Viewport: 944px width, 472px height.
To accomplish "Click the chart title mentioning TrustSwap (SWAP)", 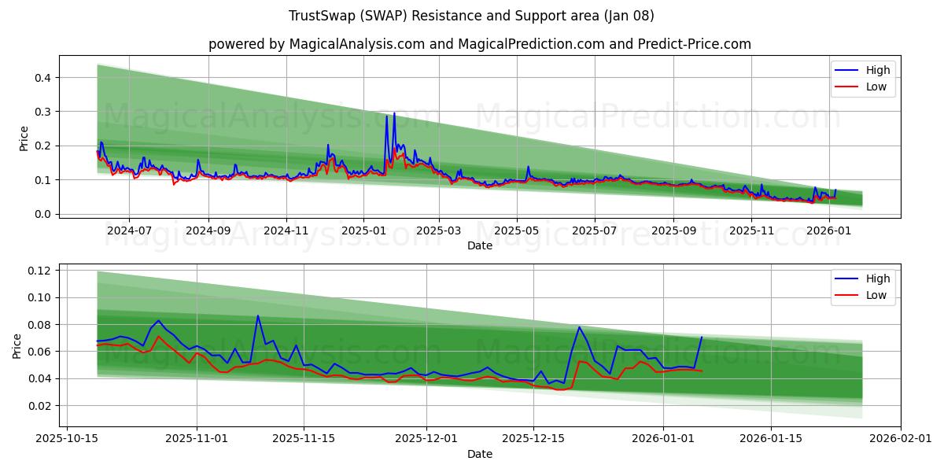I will [x=471, y=16].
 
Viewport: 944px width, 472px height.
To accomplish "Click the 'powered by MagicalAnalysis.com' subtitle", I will [x=479, y=44].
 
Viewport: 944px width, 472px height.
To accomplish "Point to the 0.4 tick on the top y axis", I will [x=42, y=77].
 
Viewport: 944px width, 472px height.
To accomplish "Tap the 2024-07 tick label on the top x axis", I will [x=129, y=231].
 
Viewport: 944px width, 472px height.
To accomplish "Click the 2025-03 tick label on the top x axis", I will [x=439, y=231].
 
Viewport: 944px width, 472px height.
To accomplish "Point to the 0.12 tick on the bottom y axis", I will [x=39, y=271].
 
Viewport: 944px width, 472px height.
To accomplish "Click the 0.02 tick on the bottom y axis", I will [x=39, y=406].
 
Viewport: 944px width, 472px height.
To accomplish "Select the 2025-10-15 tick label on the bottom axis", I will [x=66, y=440].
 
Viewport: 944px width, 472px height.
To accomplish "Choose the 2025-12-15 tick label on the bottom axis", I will [x=534, y=440].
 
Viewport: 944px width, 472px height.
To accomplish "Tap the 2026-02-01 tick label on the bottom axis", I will [x=902, y=440].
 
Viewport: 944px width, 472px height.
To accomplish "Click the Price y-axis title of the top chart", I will [x=24, y=138].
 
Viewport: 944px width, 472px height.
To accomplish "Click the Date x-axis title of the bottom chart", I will [x=479, y=454].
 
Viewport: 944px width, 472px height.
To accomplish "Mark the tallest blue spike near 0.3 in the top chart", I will [x=394, y=113].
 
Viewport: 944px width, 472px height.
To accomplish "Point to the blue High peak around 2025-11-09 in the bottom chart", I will [x=257, y=316].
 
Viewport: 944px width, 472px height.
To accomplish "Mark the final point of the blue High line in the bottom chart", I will [x=702, y=337].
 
